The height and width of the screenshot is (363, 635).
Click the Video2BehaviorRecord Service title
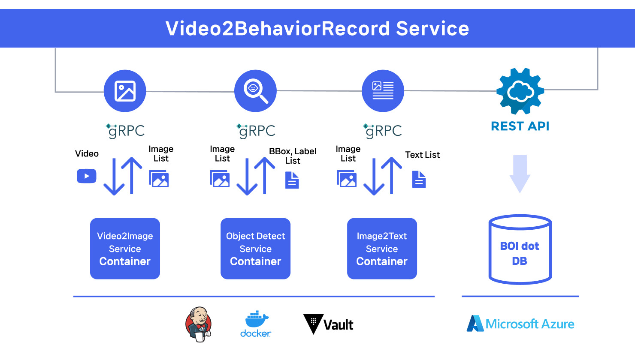pos(317,29)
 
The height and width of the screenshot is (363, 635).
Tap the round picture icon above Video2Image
pos(125,91)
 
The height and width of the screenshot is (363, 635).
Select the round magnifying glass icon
pos(255,91)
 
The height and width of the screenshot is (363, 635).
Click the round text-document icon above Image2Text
pos(383,91)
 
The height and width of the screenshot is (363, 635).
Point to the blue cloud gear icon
pos(520,91)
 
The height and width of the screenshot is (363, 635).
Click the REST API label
pos(520,126)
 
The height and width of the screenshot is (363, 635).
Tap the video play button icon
pos(87,176)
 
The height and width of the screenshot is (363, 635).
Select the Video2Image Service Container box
pos(125,249)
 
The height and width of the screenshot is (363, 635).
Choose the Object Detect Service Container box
pos(255,249)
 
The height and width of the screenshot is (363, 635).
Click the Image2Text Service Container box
pos(382,249)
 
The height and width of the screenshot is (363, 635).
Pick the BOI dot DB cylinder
pos(520,249)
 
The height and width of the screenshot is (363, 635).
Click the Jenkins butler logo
pos(199,324)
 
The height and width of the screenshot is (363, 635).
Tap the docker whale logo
pos(256,324)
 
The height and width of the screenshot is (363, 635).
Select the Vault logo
pos(328,324)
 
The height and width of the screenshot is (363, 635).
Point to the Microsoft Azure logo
pos(520,324)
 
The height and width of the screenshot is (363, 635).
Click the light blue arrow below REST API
pos(520,174)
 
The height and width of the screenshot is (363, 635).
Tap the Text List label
pos(422,155)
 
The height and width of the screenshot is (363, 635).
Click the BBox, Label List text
pos(293,156)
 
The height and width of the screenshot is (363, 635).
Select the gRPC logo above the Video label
pos(126,130)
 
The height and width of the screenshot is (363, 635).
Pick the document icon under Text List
pos(419,179)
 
